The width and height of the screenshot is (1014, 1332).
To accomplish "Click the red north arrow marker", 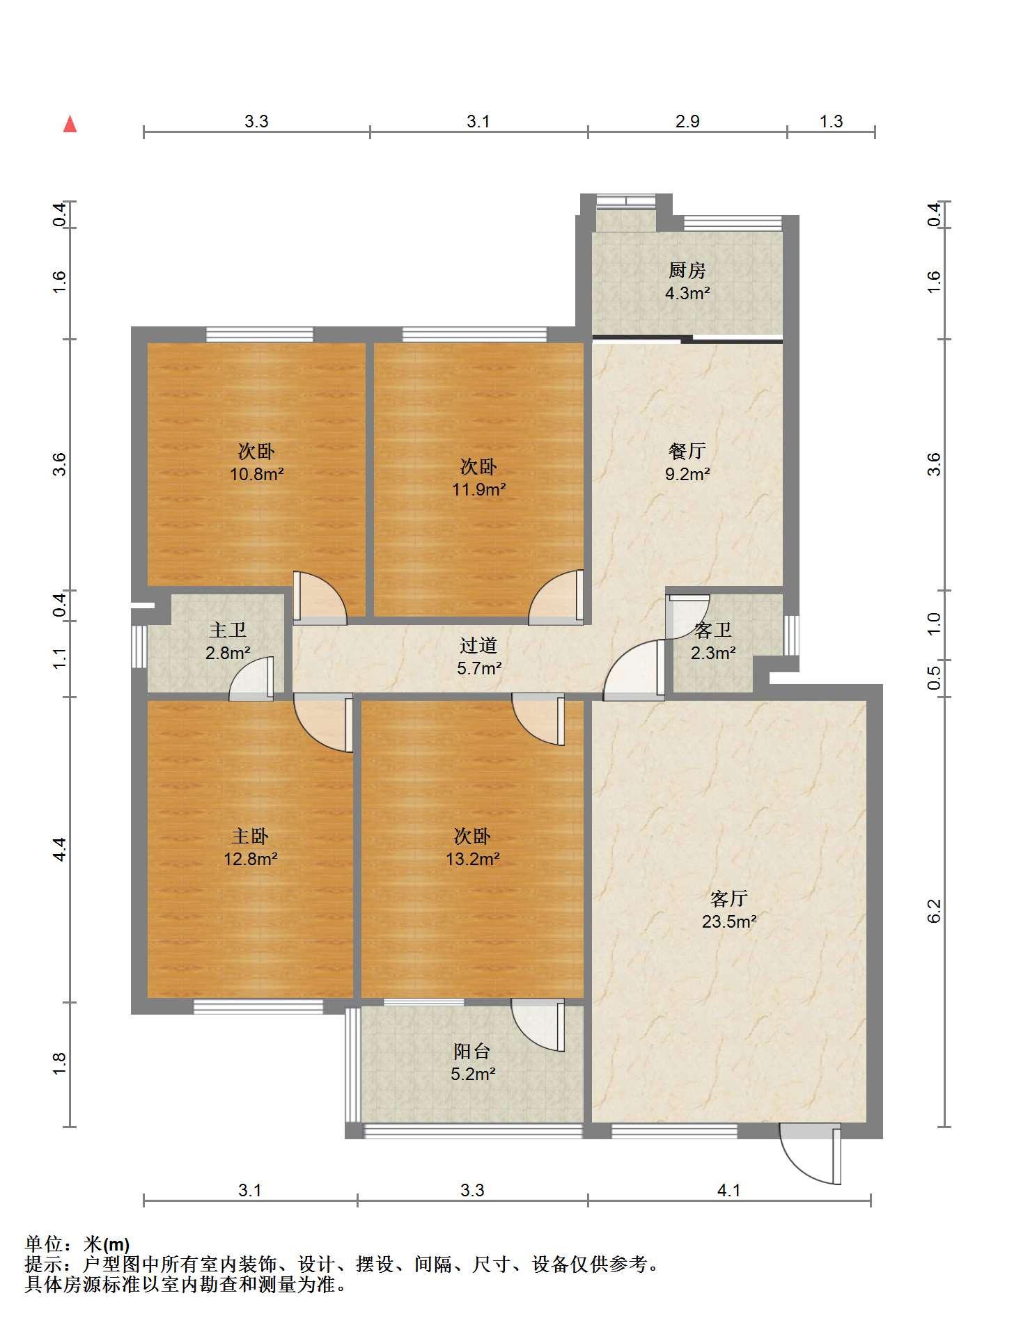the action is pyautogui.click(x=70, y=124).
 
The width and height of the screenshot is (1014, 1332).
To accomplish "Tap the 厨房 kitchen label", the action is pyautogui.click(x=687, y=270).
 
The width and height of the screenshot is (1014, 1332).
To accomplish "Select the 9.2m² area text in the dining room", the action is pyautogui.click(x=687, y=475).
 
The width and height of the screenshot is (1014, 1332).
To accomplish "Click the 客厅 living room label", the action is pyautogui.click(x=728, y=898).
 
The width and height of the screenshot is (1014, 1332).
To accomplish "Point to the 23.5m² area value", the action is pyautogui.click(x=728, y=922).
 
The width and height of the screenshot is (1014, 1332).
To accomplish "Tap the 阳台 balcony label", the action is pyautogui.click(x=472, y=1051).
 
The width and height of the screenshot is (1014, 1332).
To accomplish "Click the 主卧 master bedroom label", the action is pyautogui.click(x=250, y=836).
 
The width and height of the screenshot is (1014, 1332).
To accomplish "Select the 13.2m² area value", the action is pyautogui.click(x=472, y=859).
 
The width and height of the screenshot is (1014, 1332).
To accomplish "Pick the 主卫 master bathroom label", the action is pyautogui.click(x=228, y=631).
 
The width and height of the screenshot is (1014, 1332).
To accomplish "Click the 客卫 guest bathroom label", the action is pyautogui.click(x=712, y=631).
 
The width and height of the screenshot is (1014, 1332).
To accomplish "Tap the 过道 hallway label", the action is pyautogui.click(x=478, y=646).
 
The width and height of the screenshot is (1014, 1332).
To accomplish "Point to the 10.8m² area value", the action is pyautogui.click(x=257, y=475).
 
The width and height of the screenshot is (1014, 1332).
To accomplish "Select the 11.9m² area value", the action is pyautogui.click(x=478, y=490).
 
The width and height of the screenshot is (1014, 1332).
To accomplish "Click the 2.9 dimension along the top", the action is pyautogui.click(x=687, y=122).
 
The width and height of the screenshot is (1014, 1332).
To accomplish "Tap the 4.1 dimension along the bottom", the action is pyautogui.click(x=728, y=1191).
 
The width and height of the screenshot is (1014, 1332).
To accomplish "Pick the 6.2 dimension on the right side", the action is pyautogui.click(x=934, y=912).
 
